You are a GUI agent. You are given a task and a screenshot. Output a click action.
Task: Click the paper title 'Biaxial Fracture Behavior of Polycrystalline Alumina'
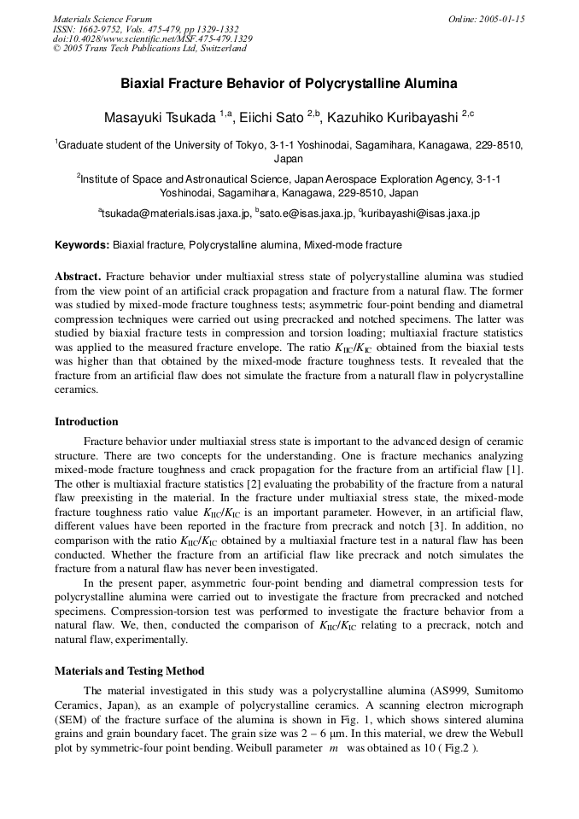289,84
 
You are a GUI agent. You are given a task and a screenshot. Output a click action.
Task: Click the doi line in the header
152,38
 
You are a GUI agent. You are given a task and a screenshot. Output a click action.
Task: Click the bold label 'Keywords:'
82,245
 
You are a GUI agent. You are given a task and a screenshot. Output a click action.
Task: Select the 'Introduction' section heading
86,421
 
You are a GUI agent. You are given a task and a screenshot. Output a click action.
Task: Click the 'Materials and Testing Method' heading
129,671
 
